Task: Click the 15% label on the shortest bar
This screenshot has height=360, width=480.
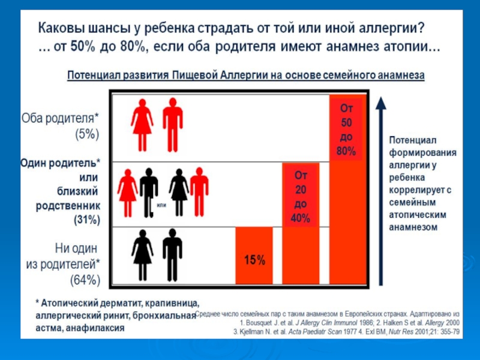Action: [254, 260]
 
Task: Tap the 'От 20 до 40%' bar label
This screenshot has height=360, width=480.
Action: [300, 197]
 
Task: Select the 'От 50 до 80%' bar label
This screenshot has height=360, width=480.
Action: [346, 130]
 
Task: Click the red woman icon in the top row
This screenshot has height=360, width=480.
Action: [142, 125]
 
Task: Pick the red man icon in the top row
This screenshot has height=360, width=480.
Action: [173, 125]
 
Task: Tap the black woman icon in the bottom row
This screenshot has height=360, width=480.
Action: [142, 254]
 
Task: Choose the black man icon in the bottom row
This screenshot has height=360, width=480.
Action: [172, 254]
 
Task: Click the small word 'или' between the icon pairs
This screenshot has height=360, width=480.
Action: [161, 205]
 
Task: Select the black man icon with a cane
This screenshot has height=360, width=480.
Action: [148, 191]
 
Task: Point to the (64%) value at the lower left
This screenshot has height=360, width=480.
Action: [86, 279]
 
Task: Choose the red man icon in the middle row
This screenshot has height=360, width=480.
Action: [199, 190]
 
